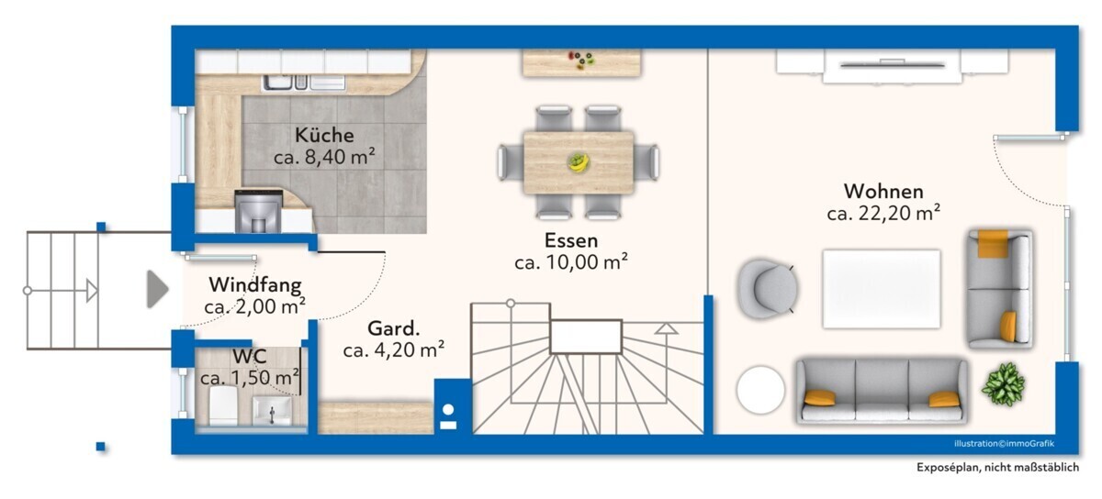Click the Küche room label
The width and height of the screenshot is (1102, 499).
pos(324,135)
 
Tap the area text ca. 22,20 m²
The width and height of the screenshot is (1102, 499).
pos(883,213)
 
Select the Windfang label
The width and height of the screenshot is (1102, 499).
pos(255,284)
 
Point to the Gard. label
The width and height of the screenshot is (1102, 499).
pos(394,327)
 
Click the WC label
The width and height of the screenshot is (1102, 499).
pos(250,356)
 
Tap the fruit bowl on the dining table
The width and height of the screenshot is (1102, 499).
pos(578,162)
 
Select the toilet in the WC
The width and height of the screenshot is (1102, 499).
pos(223,405)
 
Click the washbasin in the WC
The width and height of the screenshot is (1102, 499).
pos(272,411)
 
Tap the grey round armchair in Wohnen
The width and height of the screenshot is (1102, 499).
pos(767,289)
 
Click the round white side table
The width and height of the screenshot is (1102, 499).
pos(760,389)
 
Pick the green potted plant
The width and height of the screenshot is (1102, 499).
pos(1003,384)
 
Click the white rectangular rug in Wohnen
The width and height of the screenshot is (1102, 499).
pos(881,289)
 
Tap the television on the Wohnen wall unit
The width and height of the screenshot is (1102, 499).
pos(893,64)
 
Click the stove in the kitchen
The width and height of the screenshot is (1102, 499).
pos(258,211)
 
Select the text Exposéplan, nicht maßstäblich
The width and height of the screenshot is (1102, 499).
pos(997,467)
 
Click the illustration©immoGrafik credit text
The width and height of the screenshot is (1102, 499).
pos(1004,443)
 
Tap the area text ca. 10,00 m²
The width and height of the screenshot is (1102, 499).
pos(571,262)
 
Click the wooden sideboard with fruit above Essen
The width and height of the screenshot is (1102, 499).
pos(581,63)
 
